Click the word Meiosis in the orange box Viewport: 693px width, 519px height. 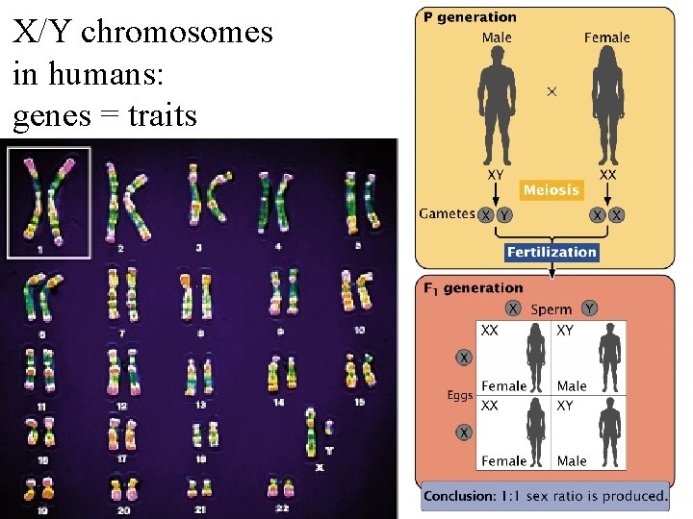click(552, 189)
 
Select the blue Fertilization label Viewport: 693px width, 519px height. click(552, 252)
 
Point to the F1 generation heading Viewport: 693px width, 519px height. click(473, 287)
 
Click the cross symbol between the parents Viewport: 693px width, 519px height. click(552, 91)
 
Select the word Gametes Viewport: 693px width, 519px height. click(447, 213)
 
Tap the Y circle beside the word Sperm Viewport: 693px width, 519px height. click(589, 309)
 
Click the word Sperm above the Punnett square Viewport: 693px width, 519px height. click(551, 309)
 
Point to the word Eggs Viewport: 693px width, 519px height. click(460, 394)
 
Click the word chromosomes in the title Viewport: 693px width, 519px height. click(177, 32)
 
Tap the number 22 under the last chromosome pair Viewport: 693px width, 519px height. click(280, 507)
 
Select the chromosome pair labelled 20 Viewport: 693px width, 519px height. click(121, 488)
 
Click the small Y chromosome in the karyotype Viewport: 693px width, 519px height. click(328, 429)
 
